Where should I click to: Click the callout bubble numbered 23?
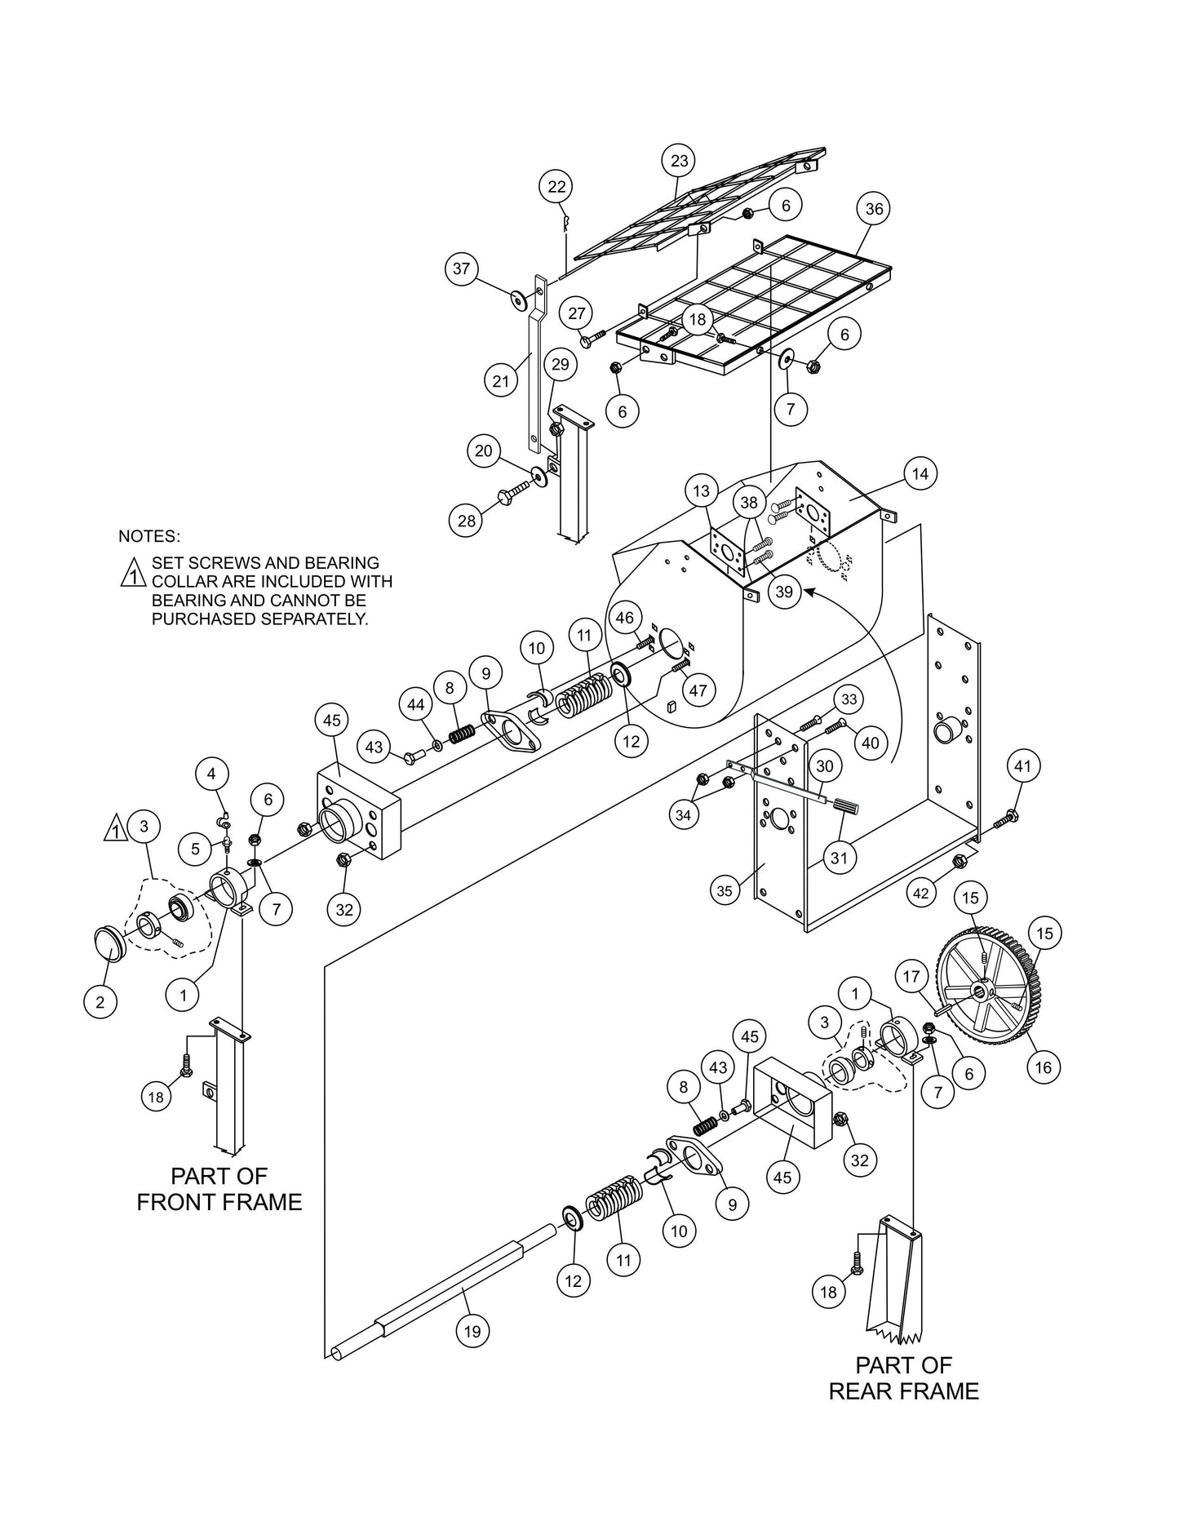(x=680, y=161)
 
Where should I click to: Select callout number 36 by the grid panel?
(x=874, y=209)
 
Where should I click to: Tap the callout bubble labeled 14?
(x=920, y=473)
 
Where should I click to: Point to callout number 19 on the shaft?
(x=472, y=1332)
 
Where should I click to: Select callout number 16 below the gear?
(x=1044, y=1066)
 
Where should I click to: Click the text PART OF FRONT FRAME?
(x=219, y=1189)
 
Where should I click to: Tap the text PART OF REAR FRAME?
(x=903, y=1378)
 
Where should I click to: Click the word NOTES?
(x=148, y=536)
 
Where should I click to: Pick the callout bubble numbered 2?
(x=100, y=1002)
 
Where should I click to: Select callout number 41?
(x=1022, y=766)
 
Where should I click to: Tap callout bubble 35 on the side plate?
(x=725, y=892)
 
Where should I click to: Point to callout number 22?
(x=556, y=187)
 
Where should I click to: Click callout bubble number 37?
(x=462, y=268)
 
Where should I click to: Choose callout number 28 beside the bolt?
(x=467, y=521)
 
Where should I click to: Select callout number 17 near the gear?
(x=911, y=976)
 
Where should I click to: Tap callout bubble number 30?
(x=825, y=766)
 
